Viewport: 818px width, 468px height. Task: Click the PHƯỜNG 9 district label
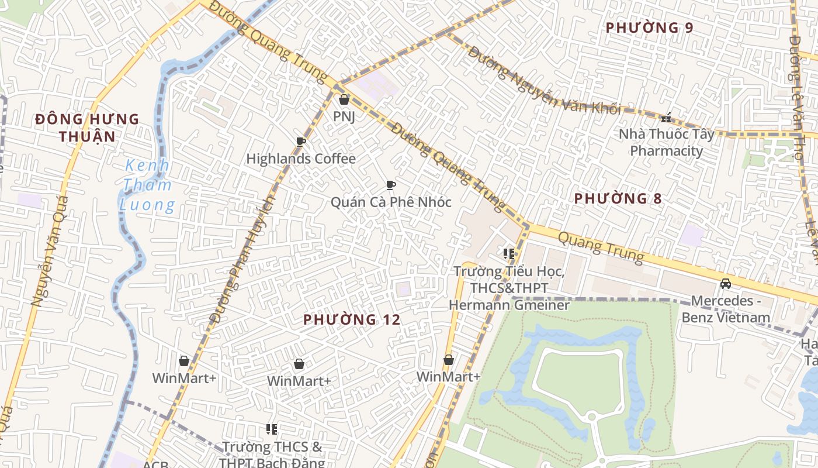(x=649, y=27)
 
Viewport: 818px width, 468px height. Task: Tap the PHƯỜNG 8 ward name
(x=618, y=198)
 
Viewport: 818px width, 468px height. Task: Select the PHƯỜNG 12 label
(x=352, y=319)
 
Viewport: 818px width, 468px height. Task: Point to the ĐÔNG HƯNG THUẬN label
(x=87, y=128)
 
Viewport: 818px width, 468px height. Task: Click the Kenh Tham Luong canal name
(x=147, y=185)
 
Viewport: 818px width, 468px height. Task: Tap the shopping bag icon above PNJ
(x=344, y=99)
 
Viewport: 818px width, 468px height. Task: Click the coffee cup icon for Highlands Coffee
(x=301, y=142)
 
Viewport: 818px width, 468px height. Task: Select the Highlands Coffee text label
(x=301, y=159)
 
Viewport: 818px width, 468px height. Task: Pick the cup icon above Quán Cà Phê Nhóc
(x=391, y=185)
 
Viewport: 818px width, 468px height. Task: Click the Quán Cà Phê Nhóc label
(x=391, y=202)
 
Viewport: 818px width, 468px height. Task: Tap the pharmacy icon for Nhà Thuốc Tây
(x=666, y=118)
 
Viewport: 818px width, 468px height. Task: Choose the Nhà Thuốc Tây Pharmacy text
(x=667, y=143)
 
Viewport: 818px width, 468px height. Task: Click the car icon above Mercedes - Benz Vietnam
(x=726, y=284)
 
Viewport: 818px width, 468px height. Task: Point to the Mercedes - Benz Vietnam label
(x=730, y=309)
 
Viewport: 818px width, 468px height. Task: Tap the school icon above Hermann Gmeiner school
(x=508, y=254)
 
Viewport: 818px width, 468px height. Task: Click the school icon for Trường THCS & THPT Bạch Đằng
(x=272, y=430)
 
